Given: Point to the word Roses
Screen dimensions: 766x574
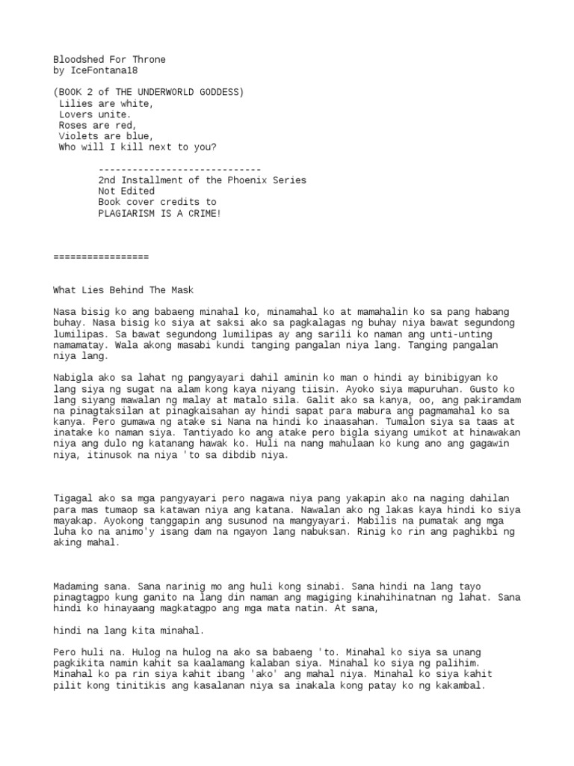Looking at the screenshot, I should click(x=72, y=126).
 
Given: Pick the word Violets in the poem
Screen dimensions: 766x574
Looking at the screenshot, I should click(x=78, y=136).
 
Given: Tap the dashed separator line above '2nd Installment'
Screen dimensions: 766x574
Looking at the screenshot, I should click(x=179, y=169).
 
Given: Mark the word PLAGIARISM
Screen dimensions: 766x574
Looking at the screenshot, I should click(x=126, y=213).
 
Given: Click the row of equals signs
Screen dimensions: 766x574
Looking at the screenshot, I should click(x=101, y=257).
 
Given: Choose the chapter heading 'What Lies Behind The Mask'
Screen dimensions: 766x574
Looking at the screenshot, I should click(x=123, y=289).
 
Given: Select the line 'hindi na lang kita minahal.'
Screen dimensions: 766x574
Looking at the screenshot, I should click(x=129, y=630).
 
